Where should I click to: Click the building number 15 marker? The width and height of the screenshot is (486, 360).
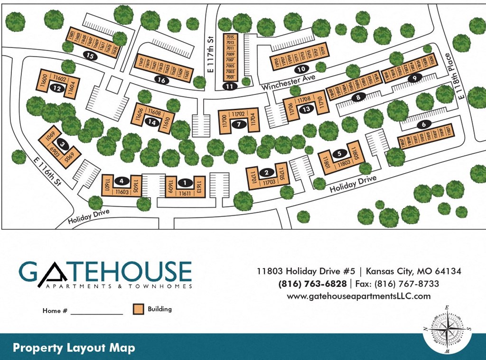(x=89, y=56)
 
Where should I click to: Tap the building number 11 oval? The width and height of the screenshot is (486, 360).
(x=230, y=86)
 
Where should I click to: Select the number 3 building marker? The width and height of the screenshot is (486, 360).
(x=61, y=142)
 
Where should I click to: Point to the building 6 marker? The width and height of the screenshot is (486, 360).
(x=423, y=125)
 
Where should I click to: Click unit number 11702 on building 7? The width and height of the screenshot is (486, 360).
(x=239, y=114)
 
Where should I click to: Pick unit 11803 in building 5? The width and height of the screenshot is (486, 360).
(x=345, y=163)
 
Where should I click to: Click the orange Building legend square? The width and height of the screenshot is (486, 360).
(x=138, y=309)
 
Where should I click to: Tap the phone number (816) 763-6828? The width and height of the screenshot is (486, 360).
(x=312, y=284)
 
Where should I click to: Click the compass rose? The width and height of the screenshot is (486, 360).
(x=447, y=330)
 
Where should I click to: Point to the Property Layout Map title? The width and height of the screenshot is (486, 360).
(x=74, y=348)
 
